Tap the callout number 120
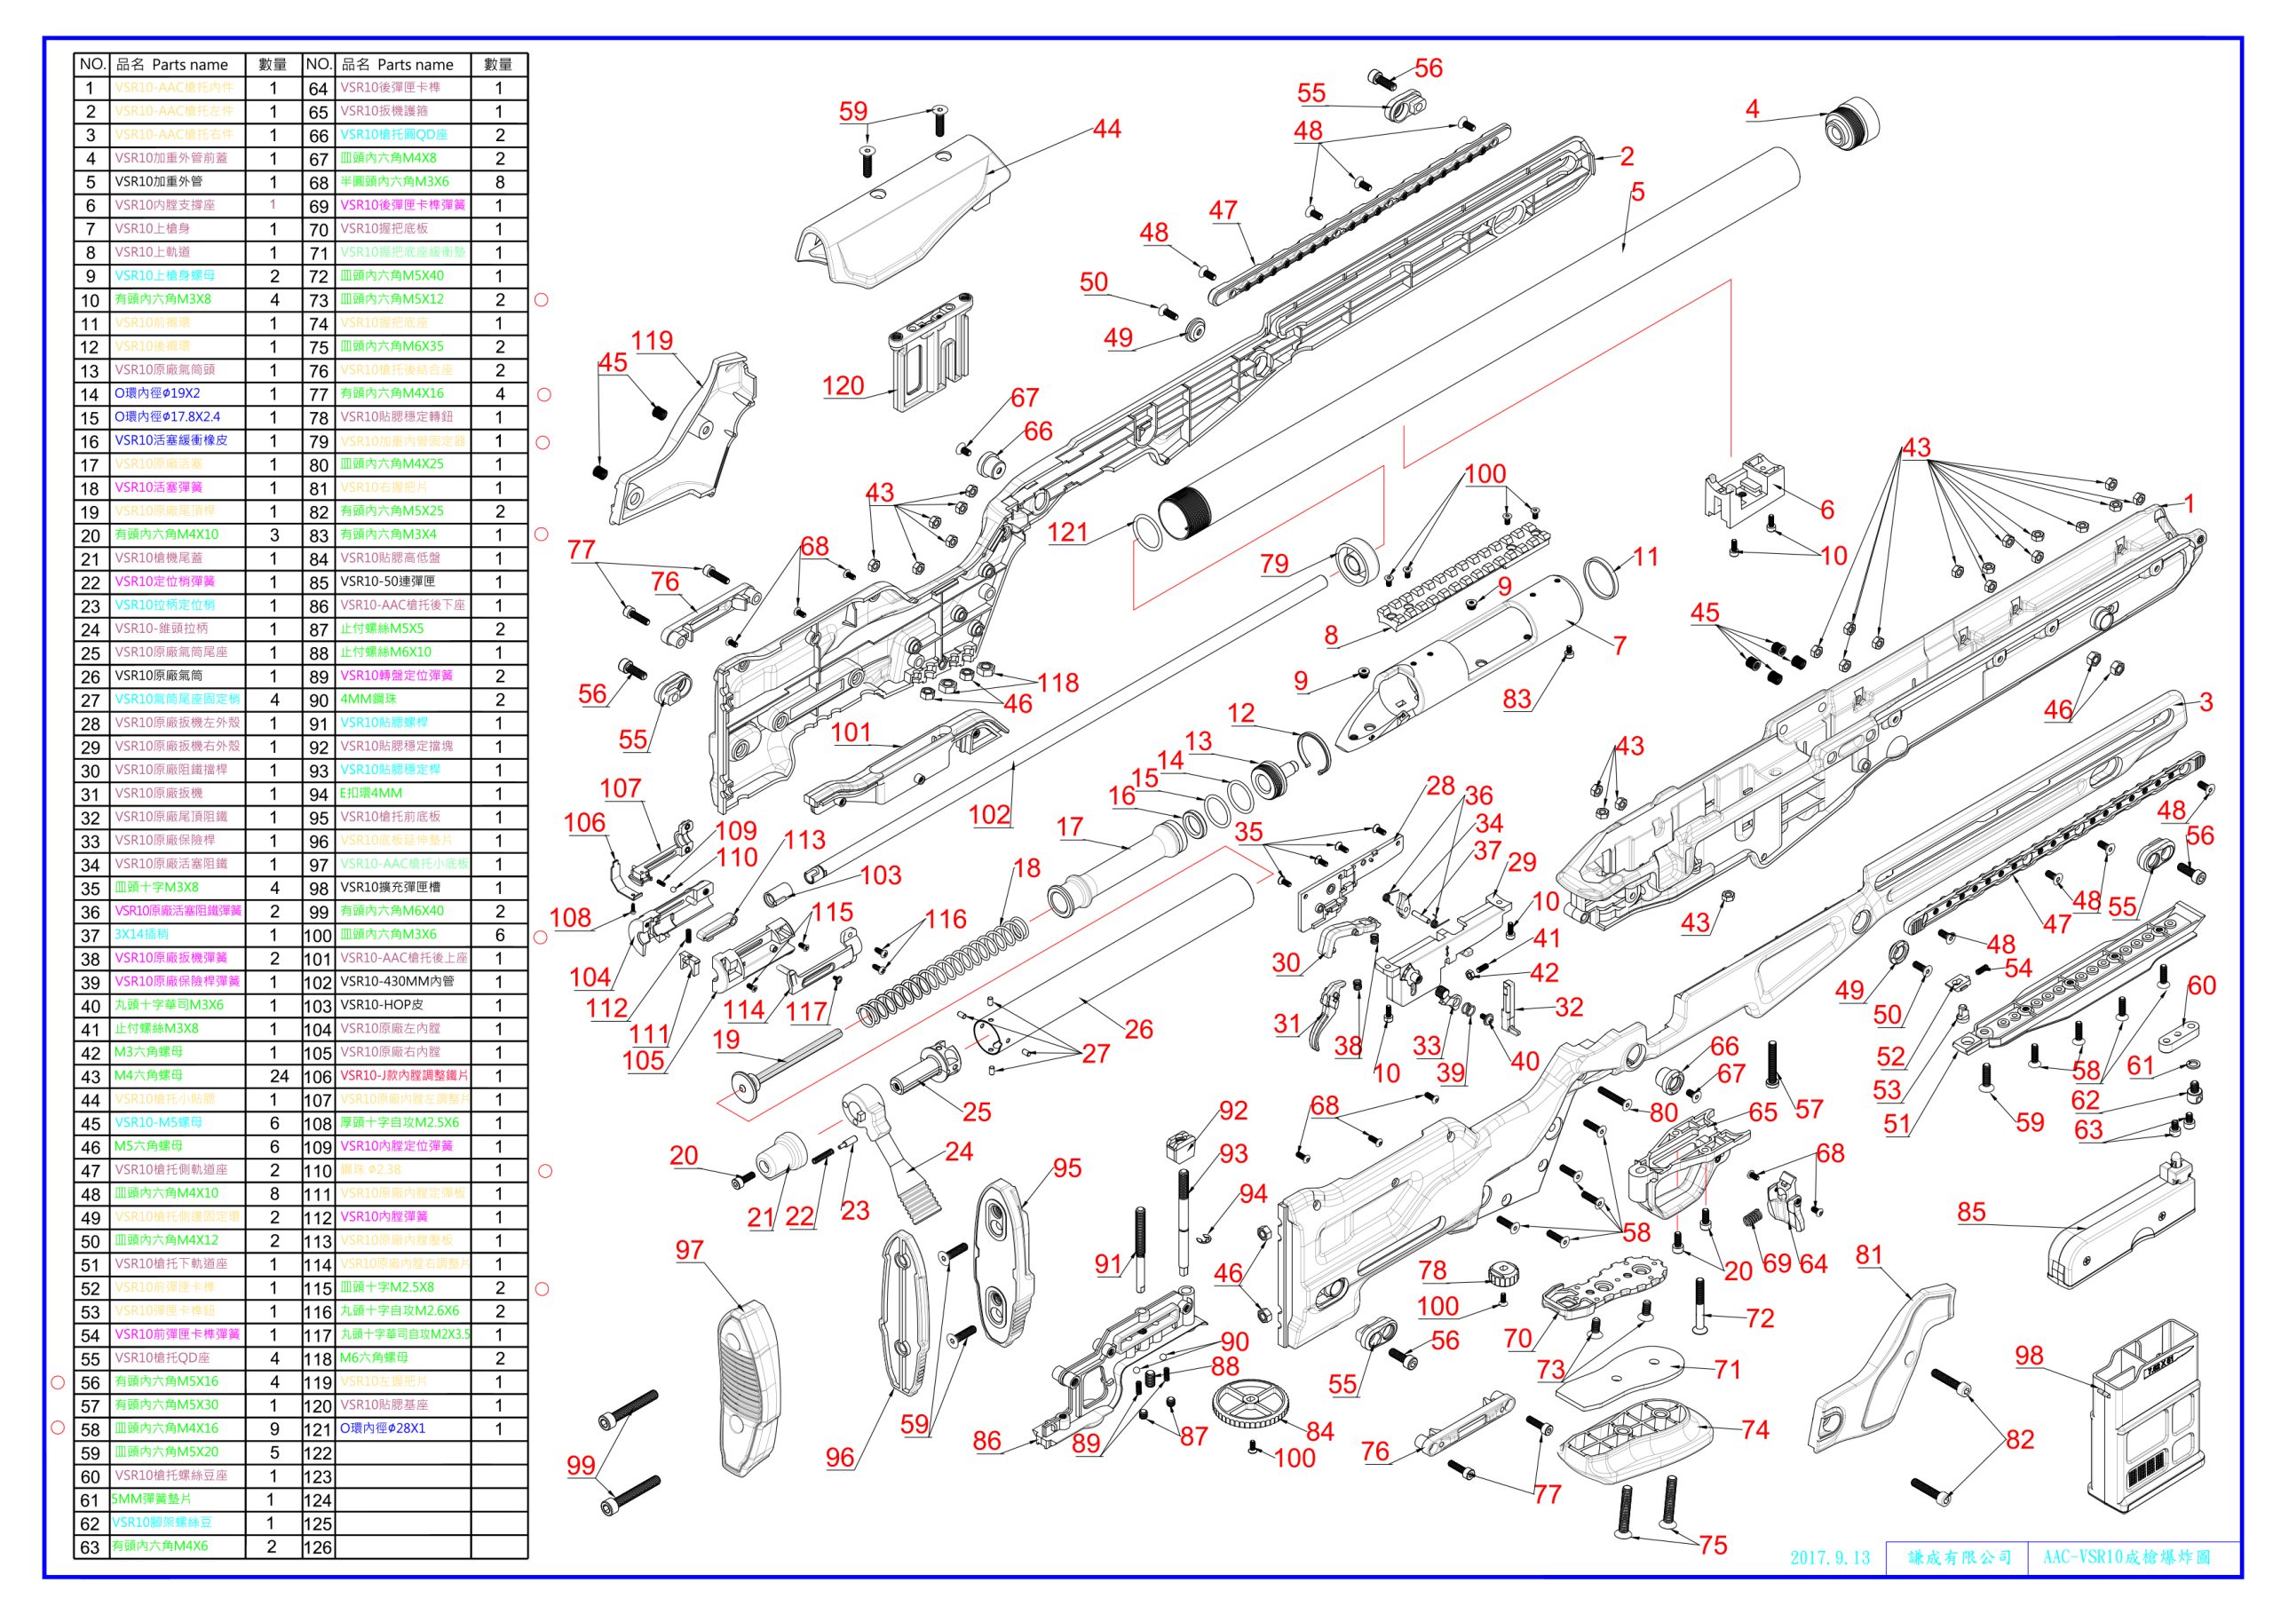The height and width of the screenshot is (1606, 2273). pos(843,386)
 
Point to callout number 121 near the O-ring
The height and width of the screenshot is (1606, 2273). pos(1067,533)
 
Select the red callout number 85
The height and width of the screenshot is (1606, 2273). pos(1971,1212)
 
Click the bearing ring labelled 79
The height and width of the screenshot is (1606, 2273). pos(1357,561)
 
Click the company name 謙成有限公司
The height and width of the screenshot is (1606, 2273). pos(1960,1557)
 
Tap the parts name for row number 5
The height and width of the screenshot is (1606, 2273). pos(158,182)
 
